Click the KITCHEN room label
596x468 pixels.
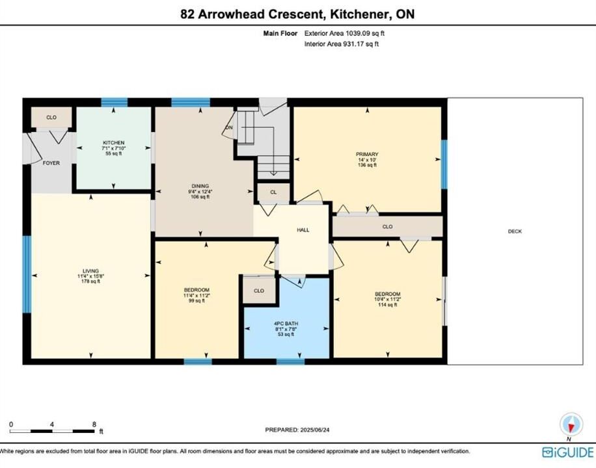pos(114,143)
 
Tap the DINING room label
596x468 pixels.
pos(200,186)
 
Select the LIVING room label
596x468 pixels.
pos(91,271)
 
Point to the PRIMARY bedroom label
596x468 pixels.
pos(367,154)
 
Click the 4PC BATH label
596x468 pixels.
pos(286,324)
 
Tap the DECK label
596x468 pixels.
pos(515,231)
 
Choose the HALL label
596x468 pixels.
pos(303,230)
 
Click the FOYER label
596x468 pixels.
pos(51,163)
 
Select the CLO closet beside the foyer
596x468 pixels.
pos(51,118)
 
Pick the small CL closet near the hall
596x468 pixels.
pos(273,192)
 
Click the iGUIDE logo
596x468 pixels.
pos(568,452)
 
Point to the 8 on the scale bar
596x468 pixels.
pos(94,424)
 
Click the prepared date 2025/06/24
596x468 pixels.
pos(315,430)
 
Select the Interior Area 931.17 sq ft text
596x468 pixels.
pos(342,44)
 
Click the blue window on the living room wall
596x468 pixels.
pos(27,274)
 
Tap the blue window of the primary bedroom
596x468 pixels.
pos(444,164)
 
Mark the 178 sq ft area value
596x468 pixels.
pos(91,281)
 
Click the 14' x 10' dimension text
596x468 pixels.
pos(367,160)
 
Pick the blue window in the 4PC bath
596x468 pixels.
pos(290,361)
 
